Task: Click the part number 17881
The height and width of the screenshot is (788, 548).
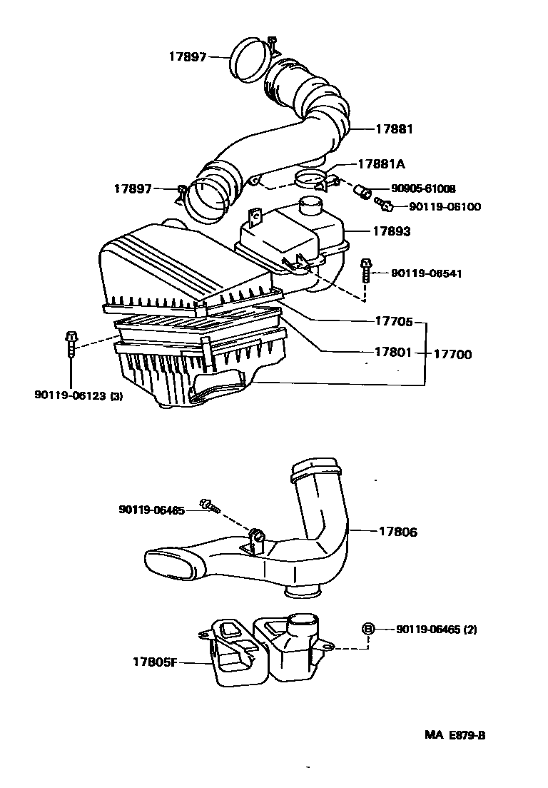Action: click(394, 129)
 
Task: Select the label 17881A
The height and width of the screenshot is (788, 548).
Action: click(381, 164)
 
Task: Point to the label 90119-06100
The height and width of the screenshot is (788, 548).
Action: click(445, 207)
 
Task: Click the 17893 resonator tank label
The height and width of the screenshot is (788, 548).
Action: click(392, 232)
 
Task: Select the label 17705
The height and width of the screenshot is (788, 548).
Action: click(393, 322)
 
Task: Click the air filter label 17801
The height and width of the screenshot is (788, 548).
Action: click(393, 353)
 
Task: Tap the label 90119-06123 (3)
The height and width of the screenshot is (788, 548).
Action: click(78, 395)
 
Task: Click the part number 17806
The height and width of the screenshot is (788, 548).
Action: click(397, 532)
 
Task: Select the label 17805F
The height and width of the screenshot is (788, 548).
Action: click(153, 662)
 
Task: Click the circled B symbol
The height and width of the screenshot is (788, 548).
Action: click(368, 629)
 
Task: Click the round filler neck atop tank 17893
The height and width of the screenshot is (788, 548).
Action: click(311, 206)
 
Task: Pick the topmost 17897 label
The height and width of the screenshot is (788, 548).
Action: click(188, 56)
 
